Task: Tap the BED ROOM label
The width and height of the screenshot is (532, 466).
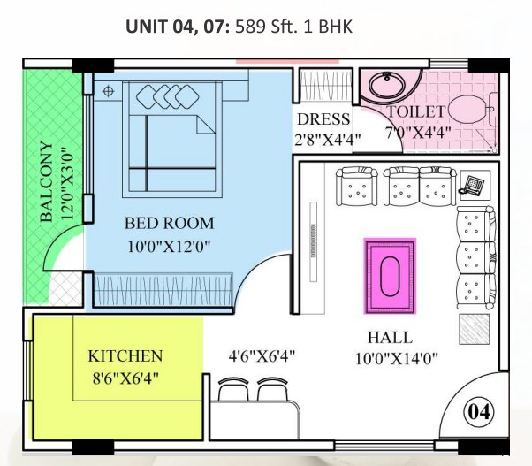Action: (x=170, y=224)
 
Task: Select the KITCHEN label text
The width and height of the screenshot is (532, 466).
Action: (x=125, y=356)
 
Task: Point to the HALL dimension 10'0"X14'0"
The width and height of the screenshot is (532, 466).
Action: (x=396, y=358)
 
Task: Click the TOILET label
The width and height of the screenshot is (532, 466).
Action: (x=416, y=111)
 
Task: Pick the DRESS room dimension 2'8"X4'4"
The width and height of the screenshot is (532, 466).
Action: (x=327, y=140)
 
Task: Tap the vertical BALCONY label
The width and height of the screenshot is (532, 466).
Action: (x=47, y=181)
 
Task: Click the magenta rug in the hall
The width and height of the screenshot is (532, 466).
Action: (x=391, y=276)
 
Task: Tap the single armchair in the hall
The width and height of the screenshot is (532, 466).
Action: (x=356, y=186)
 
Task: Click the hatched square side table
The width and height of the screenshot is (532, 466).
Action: (x=475, y=329)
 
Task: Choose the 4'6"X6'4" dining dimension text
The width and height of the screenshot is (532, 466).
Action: (x=262, y=356)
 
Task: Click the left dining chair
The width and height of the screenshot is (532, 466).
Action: (x=233, y=390)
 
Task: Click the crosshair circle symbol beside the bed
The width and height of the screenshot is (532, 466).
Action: (x=108, y=91)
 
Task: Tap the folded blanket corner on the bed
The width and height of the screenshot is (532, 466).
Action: (x=206, y=124)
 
